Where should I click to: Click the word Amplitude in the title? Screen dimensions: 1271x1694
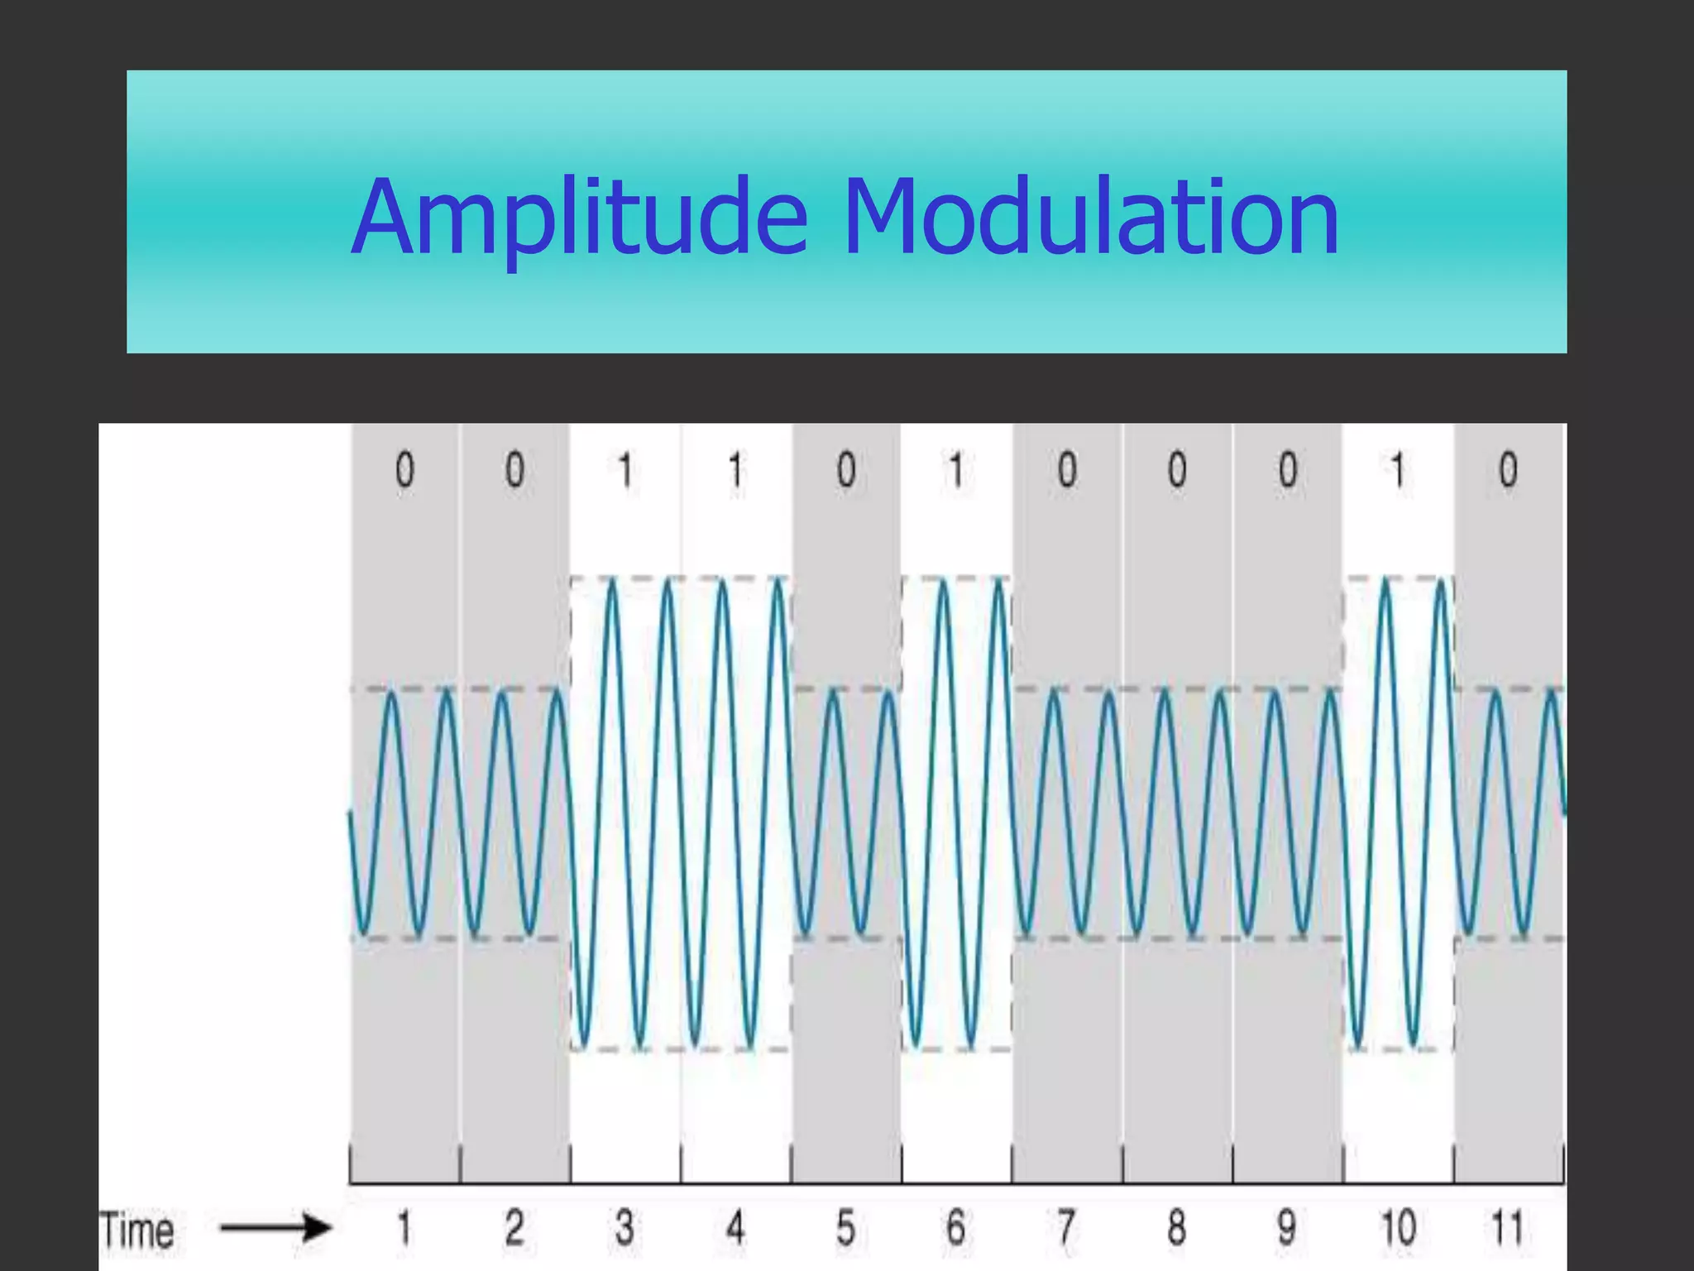coord(579,217)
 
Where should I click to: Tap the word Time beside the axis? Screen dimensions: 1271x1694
coord(137,1230)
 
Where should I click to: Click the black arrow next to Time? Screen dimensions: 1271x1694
coord(276,1227)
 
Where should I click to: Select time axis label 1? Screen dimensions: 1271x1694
coord(404,1227)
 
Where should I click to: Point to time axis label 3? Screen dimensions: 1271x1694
coord(624,1227)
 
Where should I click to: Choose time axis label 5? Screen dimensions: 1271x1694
coord(845,1227)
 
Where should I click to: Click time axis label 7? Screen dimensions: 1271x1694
coord(1066,1227)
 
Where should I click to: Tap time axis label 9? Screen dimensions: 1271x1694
coord(1287,1227)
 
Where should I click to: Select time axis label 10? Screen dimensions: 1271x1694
coord(1398,1227)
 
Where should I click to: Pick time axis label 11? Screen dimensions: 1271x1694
coord(1507,1227)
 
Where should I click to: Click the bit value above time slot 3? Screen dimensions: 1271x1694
coord(624,470)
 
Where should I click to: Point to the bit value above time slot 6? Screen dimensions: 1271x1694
coord(956,470)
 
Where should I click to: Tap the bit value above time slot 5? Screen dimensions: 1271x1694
coord(845,470)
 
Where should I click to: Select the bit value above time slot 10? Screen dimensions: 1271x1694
coord(1398,470)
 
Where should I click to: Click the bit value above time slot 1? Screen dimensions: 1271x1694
coord(404,470)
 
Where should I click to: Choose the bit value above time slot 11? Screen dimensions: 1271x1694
coord(1508,470)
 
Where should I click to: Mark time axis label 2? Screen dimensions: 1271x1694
coord(514,1227)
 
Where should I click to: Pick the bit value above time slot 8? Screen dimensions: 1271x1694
coord(1177,470)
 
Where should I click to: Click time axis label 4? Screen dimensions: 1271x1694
coord(735,1227)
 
